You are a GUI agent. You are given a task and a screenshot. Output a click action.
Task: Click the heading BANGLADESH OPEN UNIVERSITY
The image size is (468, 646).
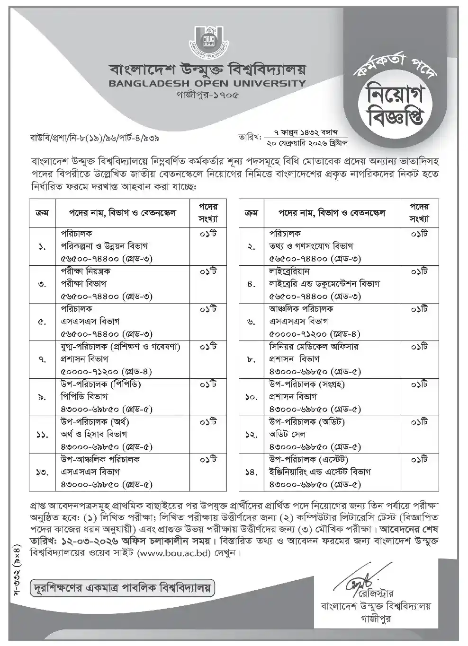pos(207,84)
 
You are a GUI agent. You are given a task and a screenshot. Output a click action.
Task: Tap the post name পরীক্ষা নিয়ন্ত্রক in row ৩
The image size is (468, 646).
pos(85,271)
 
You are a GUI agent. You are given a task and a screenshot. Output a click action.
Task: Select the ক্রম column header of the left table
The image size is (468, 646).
pos(42,213)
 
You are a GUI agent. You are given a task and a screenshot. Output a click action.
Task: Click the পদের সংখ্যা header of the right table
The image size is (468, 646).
pos(418,213)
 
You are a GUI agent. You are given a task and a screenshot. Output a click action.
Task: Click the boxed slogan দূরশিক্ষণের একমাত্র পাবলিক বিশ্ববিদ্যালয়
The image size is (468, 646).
pos(121,589)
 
